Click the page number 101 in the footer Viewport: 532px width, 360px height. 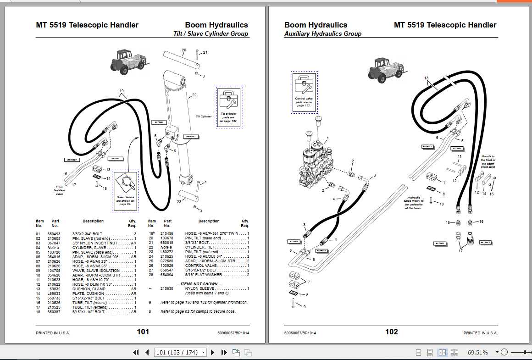click(143, 332)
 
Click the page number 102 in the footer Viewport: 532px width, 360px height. click(391, 332)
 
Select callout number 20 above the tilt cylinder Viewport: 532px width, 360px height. click(183, 50)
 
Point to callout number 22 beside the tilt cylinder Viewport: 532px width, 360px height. click(194, 95)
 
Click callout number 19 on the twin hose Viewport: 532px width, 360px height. click(122, 91)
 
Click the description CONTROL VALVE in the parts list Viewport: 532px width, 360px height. click(200, 266)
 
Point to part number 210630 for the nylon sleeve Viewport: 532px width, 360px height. click(167, 288)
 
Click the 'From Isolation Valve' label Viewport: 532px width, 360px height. click(59, 190)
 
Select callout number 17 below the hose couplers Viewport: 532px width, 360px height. click(460, 251)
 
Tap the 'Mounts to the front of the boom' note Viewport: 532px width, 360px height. click(488, 162)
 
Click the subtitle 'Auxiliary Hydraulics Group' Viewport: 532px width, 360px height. click(322, 34)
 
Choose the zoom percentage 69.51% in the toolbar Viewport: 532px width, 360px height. click(477, 352)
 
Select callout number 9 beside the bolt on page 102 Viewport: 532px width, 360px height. click(304, 307)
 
